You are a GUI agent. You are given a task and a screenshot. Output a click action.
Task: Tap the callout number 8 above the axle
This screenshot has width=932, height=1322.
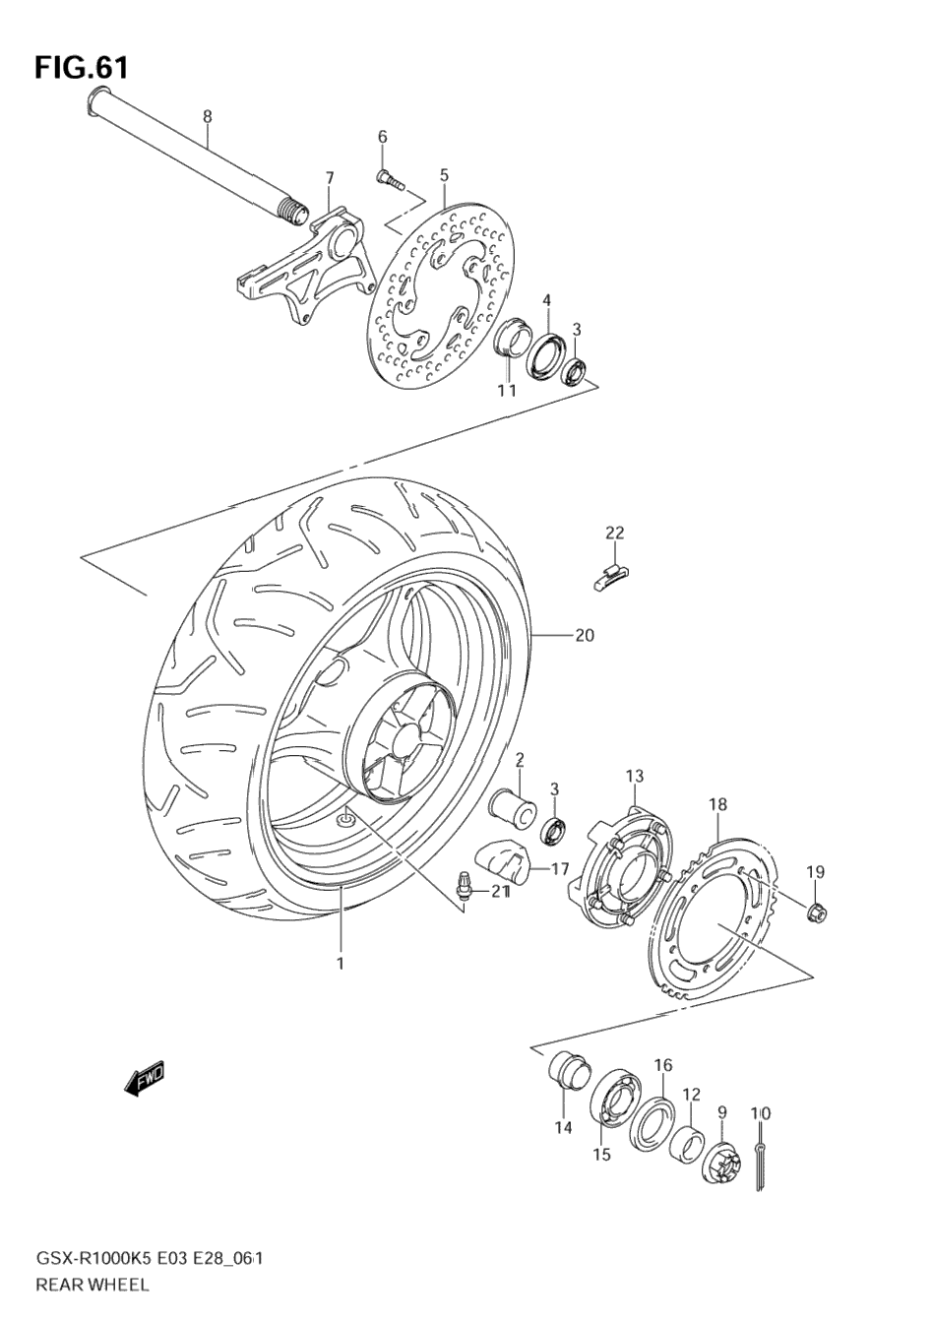pos(207,117)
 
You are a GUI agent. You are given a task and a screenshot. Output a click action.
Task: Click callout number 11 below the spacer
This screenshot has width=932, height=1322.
pos(506,391)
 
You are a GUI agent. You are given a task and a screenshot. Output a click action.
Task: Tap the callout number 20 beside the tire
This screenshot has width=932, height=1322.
pos(585,636)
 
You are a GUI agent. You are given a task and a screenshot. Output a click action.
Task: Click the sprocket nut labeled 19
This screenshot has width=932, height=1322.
pos(816,912)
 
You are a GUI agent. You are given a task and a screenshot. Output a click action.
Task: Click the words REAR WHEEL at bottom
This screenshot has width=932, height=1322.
pos(93,1284)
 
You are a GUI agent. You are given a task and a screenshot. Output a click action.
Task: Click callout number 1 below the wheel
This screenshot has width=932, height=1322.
pos(341,963)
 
